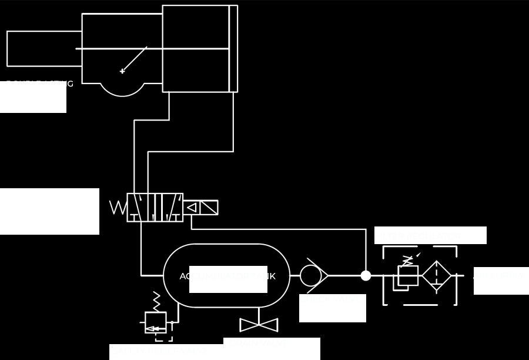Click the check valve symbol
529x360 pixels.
coord(313,275)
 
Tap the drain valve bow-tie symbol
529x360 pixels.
coord(259,325)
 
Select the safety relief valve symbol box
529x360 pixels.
coord(156,322)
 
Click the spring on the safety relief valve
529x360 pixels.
coord(156,301)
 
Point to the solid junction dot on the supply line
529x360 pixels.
coord(366,275)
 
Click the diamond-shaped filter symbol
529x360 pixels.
coord(437,275)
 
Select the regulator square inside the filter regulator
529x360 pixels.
coord(408,275)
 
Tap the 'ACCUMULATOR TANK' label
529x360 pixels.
coord(227,276)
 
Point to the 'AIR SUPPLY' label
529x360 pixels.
coord(499,275)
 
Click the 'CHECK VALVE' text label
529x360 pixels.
coord(333,299)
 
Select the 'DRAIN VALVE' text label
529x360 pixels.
coord(259,343)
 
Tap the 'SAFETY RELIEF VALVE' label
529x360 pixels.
coord(160,351)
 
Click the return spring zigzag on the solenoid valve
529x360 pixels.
coord(118,208)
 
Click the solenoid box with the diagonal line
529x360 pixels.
coord(209,208)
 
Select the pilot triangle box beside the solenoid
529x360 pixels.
coord(191,208)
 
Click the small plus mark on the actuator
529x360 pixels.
coord(122,71)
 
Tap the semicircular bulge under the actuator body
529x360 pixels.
coord(122,89)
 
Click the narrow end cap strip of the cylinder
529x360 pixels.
coord(233,49)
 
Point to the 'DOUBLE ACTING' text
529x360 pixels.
coord(40,84)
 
